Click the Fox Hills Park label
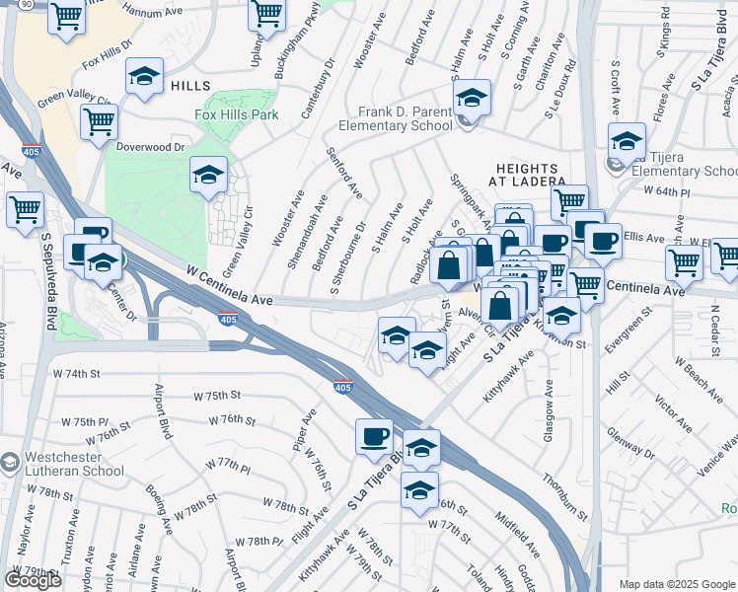[236, 114]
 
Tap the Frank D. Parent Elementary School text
[394, 118]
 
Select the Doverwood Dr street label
[151, 147]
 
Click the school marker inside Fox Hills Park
[208, 175]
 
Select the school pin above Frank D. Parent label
[472, 97]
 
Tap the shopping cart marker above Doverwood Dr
[99, 121]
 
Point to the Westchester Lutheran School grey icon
[10, 463]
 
